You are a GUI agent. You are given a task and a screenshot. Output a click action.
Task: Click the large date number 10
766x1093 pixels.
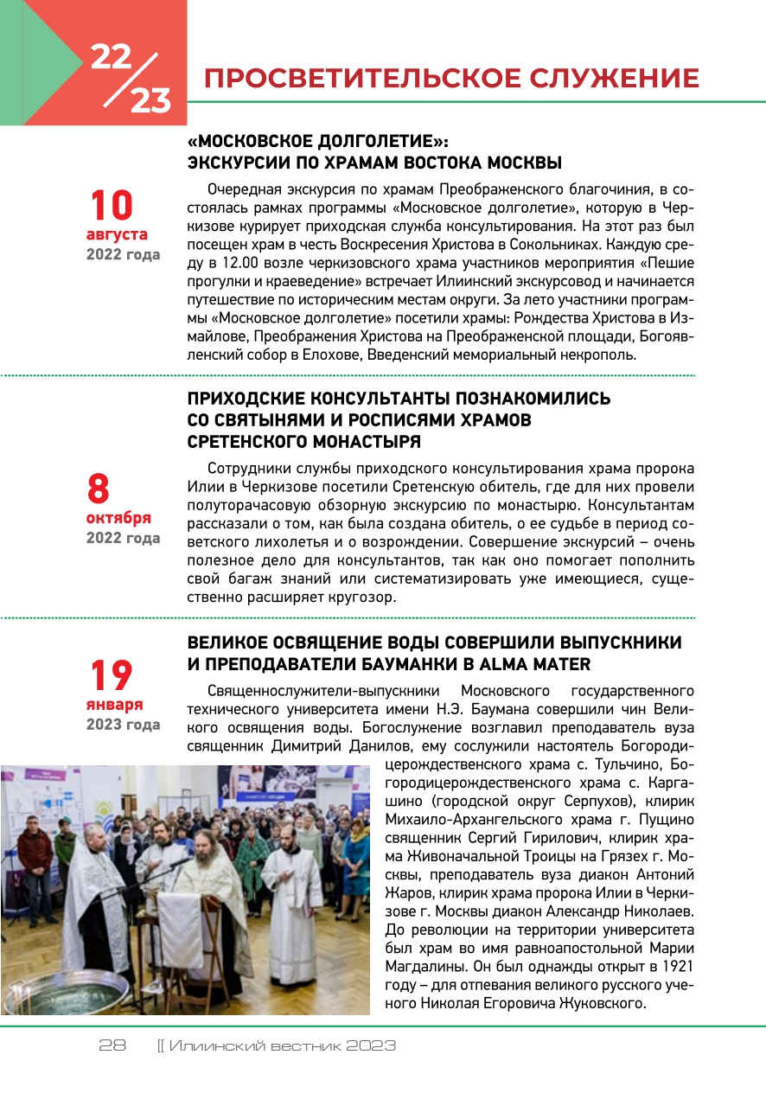pyautogui.click(x=112, y=206)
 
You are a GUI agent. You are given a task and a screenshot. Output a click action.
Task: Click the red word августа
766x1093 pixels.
pyautogui.click(x=117, y=234)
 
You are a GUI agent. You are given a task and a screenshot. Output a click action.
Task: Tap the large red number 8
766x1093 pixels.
pyautogui.click(x=99, y=489)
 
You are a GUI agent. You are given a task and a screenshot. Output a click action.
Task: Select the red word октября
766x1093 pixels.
pyautogui.click(x=118, y=518)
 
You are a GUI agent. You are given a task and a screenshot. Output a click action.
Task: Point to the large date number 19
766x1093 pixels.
pyautogui.click(x=112, y=675)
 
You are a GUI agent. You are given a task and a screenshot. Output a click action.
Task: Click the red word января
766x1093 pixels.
pyautogui.click(x=114, y=704)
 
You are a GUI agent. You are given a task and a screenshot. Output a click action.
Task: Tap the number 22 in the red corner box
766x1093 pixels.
pyautogui.click(x=112, y=57)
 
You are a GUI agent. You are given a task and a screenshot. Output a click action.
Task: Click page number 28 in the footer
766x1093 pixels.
pyautogui.click(x=112, y=1045)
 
